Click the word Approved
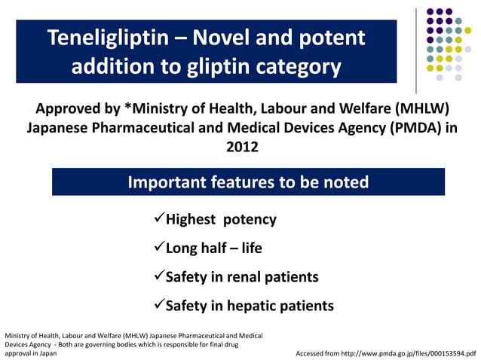click(x=78, y=108)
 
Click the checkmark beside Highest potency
click(x=158, y=220)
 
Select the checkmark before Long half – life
click(x=158, y=248)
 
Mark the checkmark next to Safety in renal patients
click(x=158, y=276)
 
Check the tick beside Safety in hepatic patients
click(x=158, y=305)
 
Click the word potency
click(x=249, y=220)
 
